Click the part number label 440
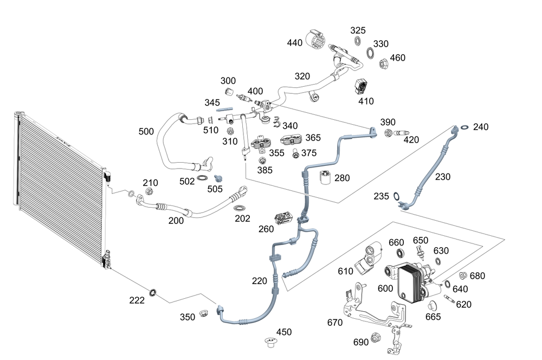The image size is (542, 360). pyautogui.click(x=295, y=43)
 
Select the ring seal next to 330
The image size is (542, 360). pyautogui.click(x=370, y=53)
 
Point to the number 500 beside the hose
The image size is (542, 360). pyautogui.click(x=146, y=132)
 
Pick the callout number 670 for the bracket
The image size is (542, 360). pyautogui.click(x=335, y=323)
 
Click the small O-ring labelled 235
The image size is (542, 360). pyautogui.click(x=397, y=196)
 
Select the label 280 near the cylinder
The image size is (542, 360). pyautogui.click(x=342, y=178)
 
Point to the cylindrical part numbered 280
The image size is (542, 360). pyautogui.click(x=325, y=177)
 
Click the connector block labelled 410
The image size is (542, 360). pyautogui.click(x=362, y=87)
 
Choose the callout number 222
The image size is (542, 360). pyautogui.click(x=137, y=300)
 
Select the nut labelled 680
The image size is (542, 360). pyautogui.click(x=463, y=276)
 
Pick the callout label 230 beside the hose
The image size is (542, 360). pyautogui.click(x=443, y=176)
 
